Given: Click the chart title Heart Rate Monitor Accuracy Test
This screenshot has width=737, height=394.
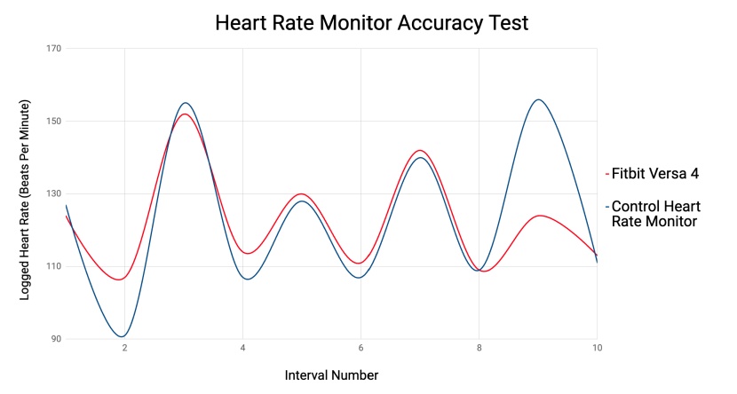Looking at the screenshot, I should click(371, 23).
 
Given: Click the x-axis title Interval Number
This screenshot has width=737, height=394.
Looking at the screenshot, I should click(331, 375).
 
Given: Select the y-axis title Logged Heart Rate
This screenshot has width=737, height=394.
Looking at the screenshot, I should click(25, 200).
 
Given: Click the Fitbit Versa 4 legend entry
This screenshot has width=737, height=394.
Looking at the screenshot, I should click(654, 173).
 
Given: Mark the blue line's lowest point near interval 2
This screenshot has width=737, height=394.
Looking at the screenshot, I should click(123, 336).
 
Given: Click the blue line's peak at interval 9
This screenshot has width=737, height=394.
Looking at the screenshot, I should click(538, 99).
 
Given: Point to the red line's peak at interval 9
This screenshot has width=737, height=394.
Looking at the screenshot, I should click(539, 215).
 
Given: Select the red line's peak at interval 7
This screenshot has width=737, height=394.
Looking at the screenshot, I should click(420, 150).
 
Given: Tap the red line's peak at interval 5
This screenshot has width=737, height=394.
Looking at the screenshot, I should click(302, 193).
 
